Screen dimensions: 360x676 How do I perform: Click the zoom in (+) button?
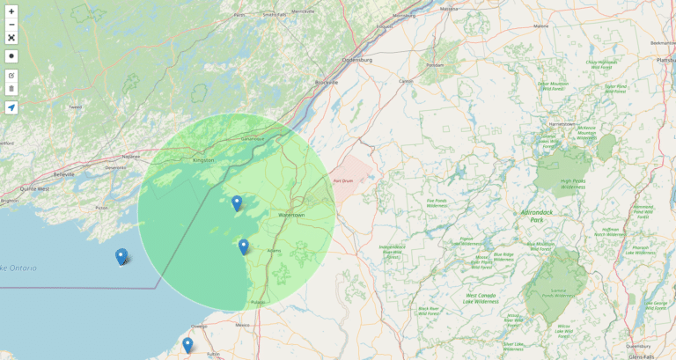[x=11, y=11]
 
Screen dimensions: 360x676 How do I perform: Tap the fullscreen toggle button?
[x=11, y=38]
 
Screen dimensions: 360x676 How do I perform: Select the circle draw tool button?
[x=11, y=56]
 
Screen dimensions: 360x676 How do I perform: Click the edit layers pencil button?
[x=11, y=76]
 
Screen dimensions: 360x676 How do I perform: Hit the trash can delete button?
[x=11, y=89]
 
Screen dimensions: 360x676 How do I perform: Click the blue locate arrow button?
[x=11, y=107]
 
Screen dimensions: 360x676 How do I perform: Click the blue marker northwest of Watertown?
[x=237, y=203]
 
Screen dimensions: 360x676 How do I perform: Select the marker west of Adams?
[x=244, y=247]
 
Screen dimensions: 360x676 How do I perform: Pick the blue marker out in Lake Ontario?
[x=121, y=257]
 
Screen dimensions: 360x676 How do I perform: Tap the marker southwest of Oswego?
[x=187, y=345]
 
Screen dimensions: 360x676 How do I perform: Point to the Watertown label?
[x=291, y=215]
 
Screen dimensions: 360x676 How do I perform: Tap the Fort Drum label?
[x=343, y=181]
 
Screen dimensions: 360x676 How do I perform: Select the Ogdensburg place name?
[x=357, y=60]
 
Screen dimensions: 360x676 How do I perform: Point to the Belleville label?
[x=63, y=174]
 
